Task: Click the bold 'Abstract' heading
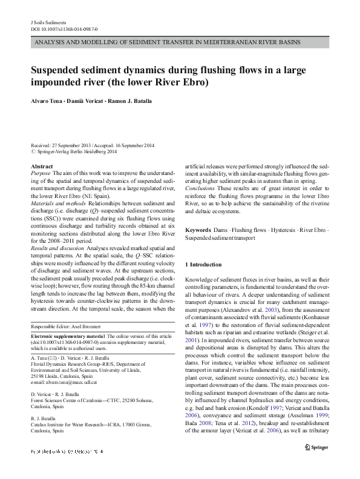click(41, 166)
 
